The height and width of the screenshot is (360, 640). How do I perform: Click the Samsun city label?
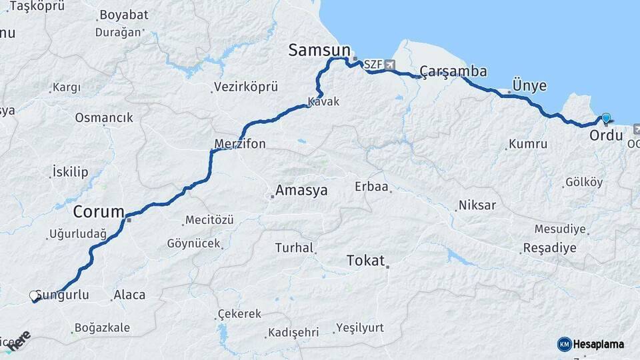point(319,50)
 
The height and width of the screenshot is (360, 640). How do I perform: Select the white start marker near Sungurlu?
point(34,295)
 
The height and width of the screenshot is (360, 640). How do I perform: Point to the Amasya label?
point(302,191)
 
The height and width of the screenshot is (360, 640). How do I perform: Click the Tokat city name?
point(365,261)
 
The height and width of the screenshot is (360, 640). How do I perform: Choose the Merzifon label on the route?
point(240,144)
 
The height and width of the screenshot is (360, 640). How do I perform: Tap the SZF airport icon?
point(389,65)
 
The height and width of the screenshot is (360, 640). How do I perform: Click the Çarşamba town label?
point(453,72)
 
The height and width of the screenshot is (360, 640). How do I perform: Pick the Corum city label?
point(99,213)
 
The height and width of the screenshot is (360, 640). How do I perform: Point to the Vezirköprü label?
point(245,87)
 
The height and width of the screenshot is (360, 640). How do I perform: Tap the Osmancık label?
point(104,118)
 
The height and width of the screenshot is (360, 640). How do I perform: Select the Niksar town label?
point(477,205)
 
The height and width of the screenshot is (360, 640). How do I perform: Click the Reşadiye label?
point(549,248)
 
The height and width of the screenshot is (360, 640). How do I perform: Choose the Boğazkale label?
point(103,328)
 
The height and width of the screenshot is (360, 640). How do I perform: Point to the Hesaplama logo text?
point(598,345)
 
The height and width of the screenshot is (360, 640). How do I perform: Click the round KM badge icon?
point(564,344)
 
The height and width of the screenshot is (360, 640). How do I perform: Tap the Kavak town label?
point(323,102)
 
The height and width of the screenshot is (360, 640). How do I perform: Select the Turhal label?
point(294,248)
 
